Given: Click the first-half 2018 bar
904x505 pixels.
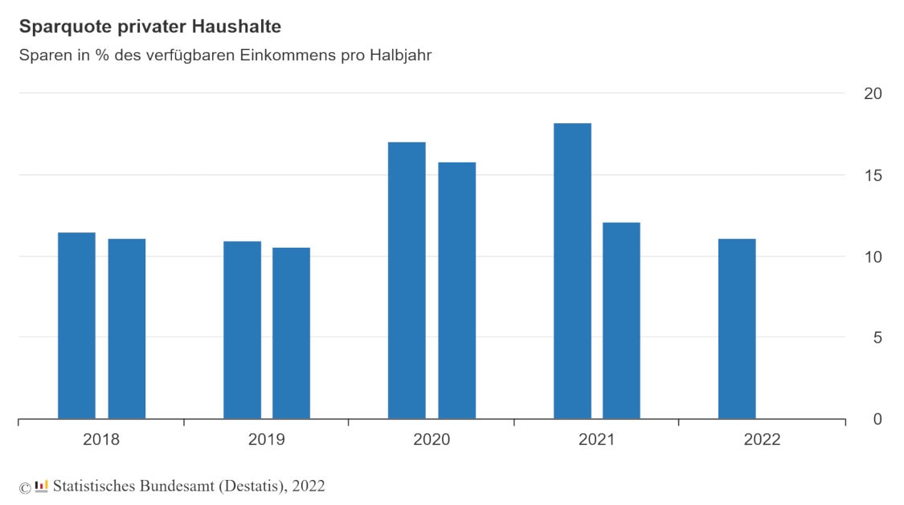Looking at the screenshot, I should click(x=76, y=326).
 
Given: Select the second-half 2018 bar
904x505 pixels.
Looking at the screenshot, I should click(x=127, y=329).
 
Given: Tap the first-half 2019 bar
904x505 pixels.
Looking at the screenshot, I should click(x=242, y=330).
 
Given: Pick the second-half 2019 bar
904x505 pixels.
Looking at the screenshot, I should click(x=291, y=333).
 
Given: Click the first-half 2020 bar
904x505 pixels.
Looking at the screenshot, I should click(x=407, y=281).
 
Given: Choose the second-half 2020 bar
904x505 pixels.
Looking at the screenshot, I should click(x=456, y=290).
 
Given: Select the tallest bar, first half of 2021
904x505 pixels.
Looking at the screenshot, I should click(x=572, y=271).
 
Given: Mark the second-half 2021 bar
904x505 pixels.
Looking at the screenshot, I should click(x=621, y=321).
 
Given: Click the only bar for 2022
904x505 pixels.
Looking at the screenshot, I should click(x=737, y=329).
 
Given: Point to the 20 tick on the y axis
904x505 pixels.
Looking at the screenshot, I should click(x=872, y=93).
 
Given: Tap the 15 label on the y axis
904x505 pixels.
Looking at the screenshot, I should click(x=872, y=175).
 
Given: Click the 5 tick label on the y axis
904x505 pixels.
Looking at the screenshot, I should click(x=877, y=338).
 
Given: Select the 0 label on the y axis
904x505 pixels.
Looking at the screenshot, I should click(x=877, y=419).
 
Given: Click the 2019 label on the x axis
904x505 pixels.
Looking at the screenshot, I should click(x=266, y=440).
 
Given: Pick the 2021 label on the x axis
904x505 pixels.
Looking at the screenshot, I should click(x=596, y=440).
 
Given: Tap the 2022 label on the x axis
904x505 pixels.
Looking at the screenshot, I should click(x=762, y=440).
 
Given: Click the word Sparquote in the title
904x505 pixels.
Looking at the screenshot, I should click(x=59, y=27).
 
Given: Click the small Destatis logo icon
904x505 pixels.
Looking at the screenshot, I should click(x=42, y=486).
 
